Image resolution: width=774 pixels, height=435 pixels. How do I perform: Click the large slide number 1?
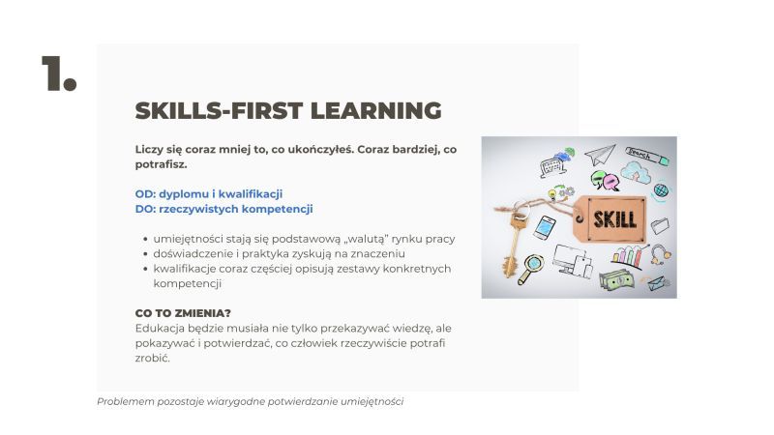pyautogui.click(x=59, y=73)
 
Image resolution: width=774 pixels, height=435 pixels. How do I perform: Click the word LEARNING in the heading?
pyautogui.click(x=375, y=110)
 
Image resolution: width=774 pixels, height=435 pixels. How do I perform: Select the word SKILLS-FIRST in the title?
pyautogui.click(x=220, y=110)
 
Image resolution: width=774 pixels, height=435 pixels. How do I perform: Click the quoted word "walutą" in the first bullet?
pyautogui.click(x=366, y=239)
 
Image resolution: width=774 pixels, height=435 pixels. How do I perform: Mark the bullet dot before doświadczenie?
pyautogui.click(x=146, y=254)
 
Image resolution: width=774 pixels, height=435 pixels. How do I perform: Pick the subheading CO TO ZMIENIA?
pyautogui.click(x=183, y=313)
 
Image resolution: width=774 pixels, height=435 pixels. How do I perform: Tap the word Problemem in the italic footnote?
pyautogui.click(x=126, y=401)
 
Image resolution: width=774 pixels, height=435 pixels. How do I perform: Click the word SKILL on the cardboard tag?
pyautogui.click(x=614, y=219)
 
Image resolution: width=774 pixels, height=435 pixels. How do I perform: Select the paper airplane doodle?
pyautogui.click(x=600, y=154)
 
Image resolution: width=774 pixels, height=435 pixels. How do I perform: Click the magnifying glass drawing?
pyautogui.click(x=530, y=269)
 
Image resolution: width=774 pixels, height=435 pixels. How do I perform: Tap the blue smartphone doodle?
pyautogui.click(x=545, y=228)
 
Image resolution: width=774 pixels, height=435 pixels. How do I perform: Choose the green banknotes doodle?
pyautogui.click(x=616, y=280)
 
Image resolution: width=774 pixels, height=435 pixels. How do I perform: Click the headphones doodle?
pyautogui.click(x=661, y=254)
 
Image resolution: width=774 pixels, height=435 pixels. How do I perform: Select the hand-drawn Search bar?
pyautogui.click(x=647, y=156)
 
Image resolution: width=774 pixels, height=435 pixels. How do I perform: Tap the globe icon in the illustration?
pyautogui.click(x=661, y=190)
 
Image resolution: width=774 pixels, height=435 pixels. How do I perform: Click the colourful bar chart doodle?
pyautogui.click(x=628, y=256)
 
